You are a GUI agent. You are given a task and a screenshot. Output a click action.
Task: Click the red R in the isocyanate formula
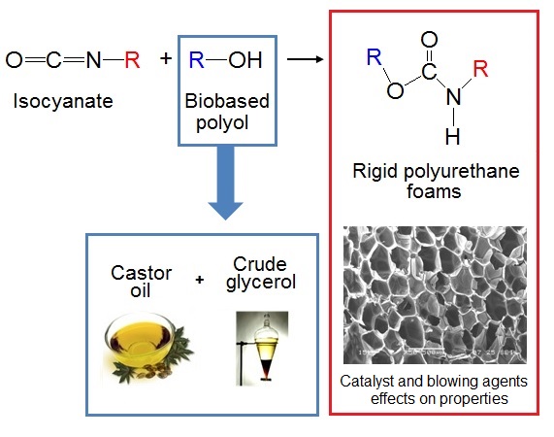click(x=132, y=60)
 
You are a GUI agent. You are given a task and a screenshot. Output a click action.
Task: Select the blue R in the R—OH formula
click(x=195, y=60)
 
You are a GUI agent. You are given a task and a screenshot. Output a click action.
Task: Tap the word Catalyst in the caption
click(x=377, y=381)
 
